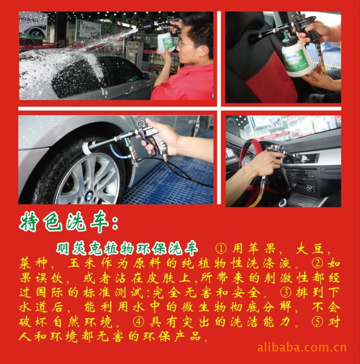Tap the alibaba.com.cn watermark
pyautogui.click(x=302, y=348)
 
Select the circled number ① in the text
pyautogui.click(x=221, y=249)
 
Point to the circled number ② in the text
pyautogui.click(x=319, y=263)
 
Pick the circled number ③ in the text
pyautogui.click(x=286, y=292)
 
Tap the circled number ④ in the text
pyautogui.click(x=139, y=322)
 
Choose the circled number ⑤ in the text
pyautogui.click(x=318, y=322)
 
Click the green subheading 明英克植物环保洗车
pyautogui.click(x=127, y=249)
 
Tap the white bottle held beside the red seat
pyautogui.click(x=296, y=58)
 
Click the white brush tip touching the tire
pyautogui.click(x=87, y=147)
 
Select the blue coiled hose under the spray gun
pyautogui.click(x=118, y=152)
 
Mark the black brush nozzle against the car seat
pyautogui.click(x=255, y=37)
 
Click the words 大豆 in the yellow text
pyautogui.click(x=310, y=249)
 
